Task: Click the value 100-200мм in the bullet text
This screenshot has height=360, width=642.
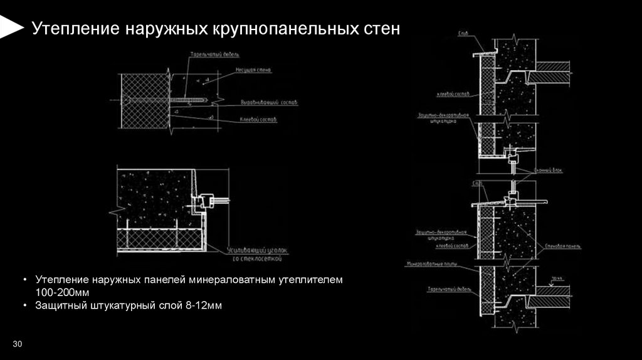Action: point(63,293)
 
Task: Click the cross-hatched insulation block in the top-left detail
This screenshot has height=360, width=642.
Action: point(144,100)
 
